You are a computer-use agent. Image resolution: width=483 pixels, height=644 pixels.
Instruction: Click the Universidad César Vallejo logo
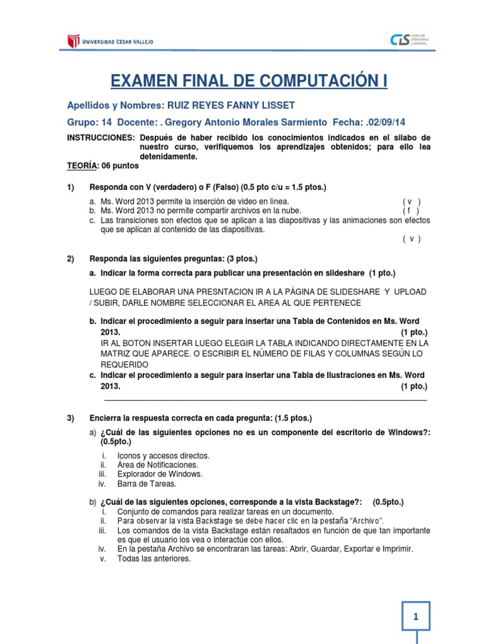click(110, 42)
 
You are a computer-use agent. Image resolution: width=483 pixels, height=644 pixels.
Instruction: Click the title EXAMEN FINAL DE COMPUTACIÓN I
click(250, 81)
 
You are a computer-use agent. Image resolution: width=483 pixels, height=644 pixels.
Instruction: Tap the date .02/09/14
click(375, 121)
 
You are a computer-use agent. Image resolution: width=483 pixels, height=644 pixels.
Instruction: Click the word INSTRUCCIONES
click(101, 138)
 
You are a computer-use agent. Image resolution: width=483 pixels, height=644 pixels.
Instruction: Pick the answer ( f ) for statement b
click(411, 211)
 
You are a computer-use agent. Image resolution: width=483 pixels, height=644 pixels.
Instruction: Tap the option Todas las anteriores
click(154, 558)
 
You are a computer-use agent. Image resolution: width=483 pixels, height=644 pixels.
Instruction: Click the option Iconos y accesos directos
click(164, 455)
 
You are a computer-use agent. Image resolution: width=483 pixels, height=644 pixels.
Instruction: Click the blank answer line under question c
click(264, 399)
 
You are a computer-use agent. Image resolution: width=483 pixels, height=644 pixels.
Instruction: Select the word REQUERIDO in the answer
click(125, 365)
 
